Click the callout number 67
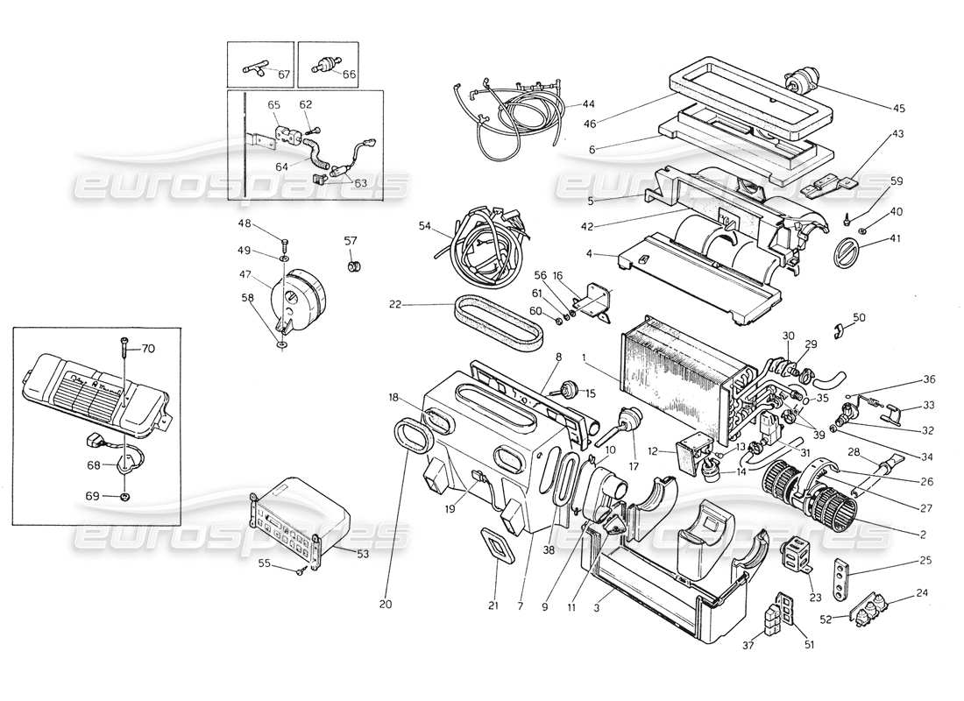point(283,74)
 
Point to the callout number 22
point(396,305)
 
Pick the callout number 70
point(147,348)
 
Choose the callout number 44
point(588,104)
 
